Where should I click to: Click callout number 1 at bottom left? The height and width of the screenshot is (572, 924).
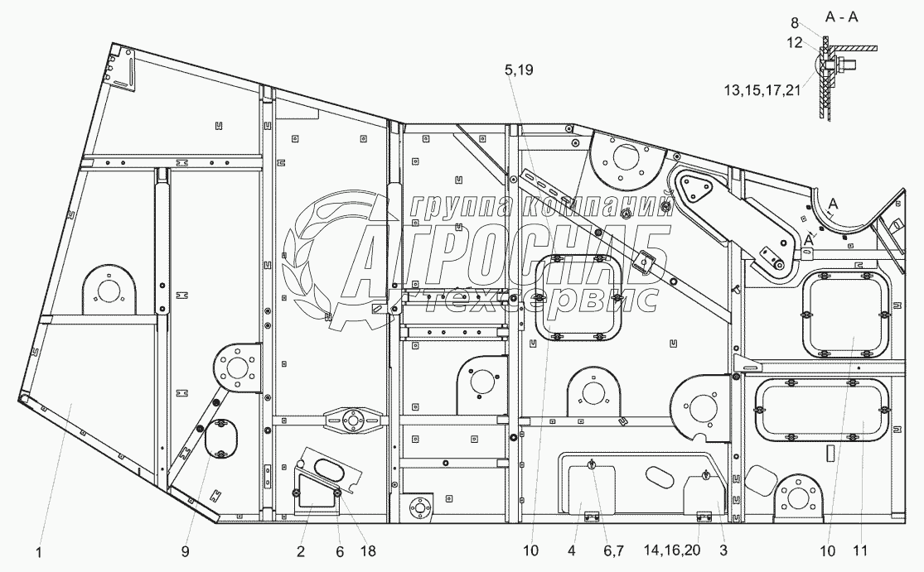pyautogui.click(x=39, y=552)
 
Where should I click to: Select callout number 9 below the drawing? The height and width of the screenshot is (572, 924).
pyautogui.click(x=185, y=551)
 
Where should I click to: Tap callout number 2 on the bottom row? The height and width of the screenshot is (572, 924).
pyautogui.click(x=301, y=551)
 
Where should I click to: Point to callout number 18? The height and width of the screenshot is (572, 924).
pyautogui.click(x=368, y=551)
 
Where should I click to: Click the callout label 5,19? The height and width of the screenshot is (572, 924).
pyautogui.click(x=519, y=70)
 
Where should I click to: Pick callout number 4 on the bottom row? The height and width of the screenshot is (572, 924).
pyautogui.click(x=572, y=550)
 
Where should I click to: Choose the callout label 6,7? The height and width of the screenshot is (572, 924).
pyautogui.click(x=613, y=550)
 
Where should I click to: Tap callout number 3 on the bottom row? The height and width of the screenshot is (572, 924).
pyautogui.click(x=723, y=550)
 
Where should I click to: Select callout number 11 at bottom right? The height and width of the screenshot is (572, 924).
pyautogui.click(x=860, y=550)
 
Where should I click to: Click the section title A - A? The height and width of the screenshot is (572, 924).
pyautogui.click(x=841, y=17)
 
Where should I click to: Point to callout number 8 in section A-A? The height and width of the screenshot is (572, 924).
pyautogui.click(x=795, y=23)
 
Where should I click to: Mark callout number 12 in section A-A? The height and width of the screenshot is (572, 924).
pyautogui.click(x=795, y=42)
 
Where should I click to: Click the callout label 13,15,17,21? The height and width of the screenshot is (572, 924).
pyautogui.click(x=762, y=90)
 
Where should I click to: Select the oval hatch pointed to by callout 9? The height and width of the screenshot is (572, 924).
pyautogui.click(x=220, y=437)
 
